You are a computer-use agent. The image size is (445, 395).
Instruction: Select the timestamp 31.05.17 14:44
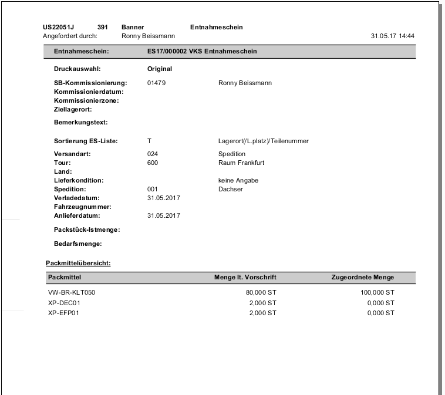point(393,36)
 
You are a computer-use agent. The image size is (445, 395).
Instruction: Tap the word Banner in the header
point(133,27)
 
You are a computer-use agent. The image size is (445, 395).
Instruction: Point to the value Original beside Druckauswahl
point(159,69)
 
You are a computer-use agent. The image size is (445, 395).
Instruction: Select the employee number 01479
point(156,83)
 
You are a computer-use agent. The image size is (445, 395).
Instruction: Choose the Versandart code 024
point(153,154)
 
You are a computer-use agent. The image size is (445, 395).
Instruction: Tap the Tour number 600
point(153,163)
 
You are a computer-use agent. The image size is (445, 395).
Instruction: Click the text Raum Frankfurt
point(242,163)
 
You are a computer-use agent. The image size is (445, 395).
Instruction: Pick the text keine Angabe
point(238,180)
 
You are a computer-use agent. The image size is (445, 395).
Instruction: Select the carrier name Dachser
point(230,189)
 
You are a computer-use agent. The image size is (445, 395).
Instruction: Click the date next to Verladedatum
point(163,198)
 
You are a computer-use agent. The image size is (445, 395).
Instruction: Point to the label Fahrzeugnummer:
point(83,207)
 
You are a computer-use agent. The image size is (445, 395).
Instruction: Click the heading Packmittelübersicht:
point(78,262)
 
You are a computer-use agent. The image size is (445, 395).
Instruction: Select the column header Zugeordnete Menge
point(363,277)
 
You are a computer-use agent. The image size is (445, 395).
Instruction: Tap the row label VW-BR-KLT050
point(71,292)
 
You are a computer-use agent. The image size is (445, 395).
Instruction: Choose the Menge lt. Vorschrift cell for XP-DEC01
point(262,302)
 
